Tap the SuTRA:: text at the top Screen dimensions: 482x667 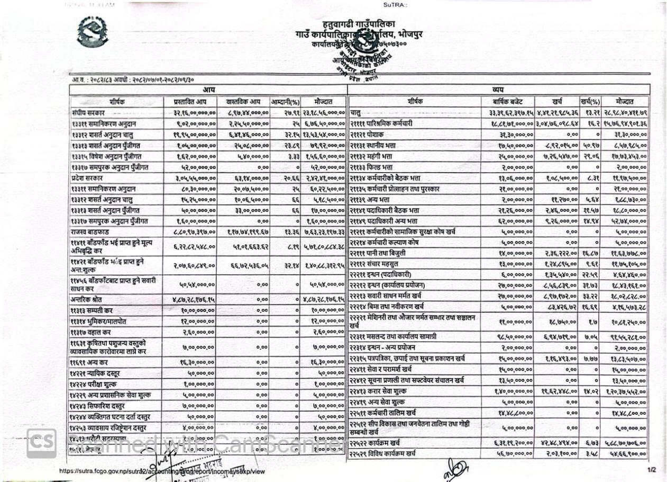(395, 5)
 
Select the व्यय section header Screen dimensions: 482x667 (498, 91)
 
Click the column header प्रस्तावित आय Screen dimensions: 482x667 (195, 101)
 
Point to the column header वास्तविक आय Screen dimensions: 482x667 (246, 101)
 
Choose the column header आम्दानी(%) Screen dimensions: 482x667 (286, 101)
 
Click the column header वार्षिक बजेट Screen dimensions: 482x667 (507, 101)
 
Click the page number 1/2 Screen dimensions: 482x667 (651, 469)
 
